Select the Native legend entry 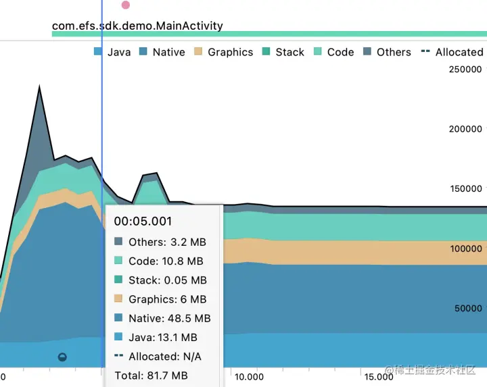click(x=162, y=52)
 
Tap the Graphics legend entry click(x=223, y=52)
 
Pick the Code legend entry click(x=333, y=52)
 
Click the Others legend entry click(x=387, y=52)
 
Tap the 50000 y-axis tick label click(x=468, y=309)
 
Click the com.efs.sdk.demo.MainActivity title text click(x=137, y=26)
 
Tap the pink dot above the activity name click(x=125, y=5)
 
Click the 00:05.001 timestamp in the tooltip click(x=143, y=221)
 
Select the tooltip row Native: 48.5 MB click(x=162, y=318)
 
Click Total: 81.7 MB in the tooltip click(x=151, y=376)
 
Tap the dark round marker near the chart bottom click(x=62, y=357)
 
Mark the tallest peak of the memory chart click(x=39, y=87)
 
